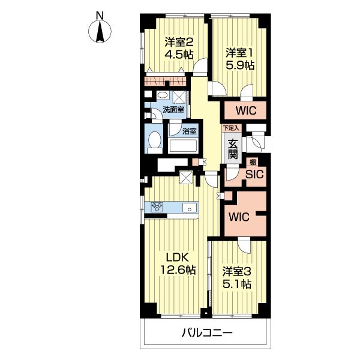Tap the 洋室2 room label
179,42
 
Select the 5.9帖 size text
240,65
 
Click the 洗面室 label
173,110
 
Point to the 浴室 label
190,131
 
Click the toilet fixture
154,142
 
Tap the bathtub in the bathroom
182,146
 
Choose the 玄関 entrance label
233,149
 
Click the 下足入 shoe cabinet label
231,128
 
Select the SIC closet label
254,175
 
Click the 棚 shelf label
253,163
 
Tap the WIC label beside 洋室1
246,110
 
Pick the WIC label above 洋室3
239,217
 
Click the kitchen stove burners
157,207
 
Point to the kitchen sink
190,208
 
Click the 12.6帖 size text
178,269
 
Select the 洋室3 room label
237,272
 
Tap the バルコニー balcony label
207,332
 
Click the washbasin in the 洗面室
163,95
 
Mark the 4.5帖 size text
179,55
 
